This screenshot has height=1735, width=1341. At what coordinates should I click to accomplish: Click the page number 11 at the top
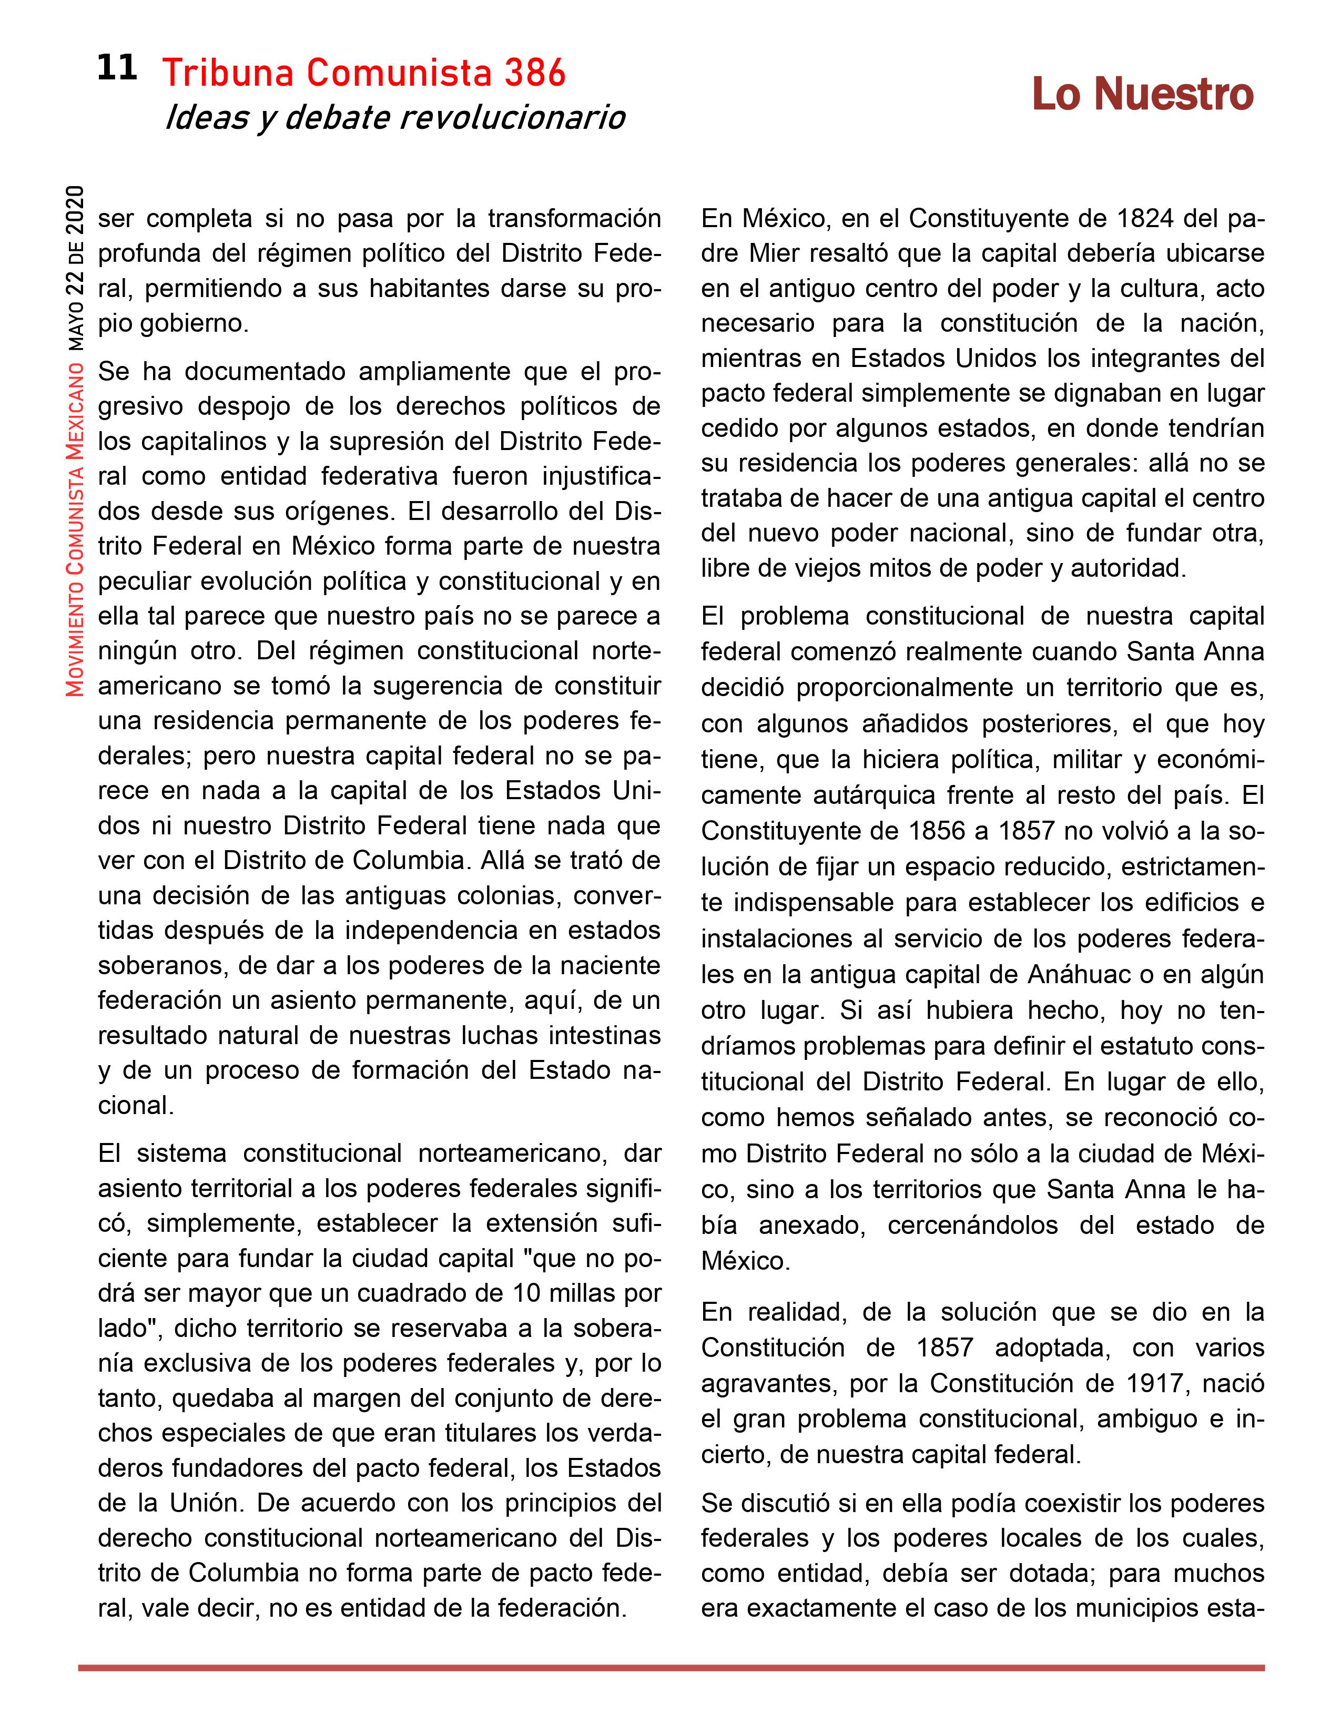117,68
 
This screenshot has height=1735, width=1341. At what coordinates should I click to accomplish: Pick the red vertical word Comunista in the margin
76,508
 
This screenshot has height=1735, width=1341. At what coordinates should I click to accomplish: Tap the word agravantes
769,1383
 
